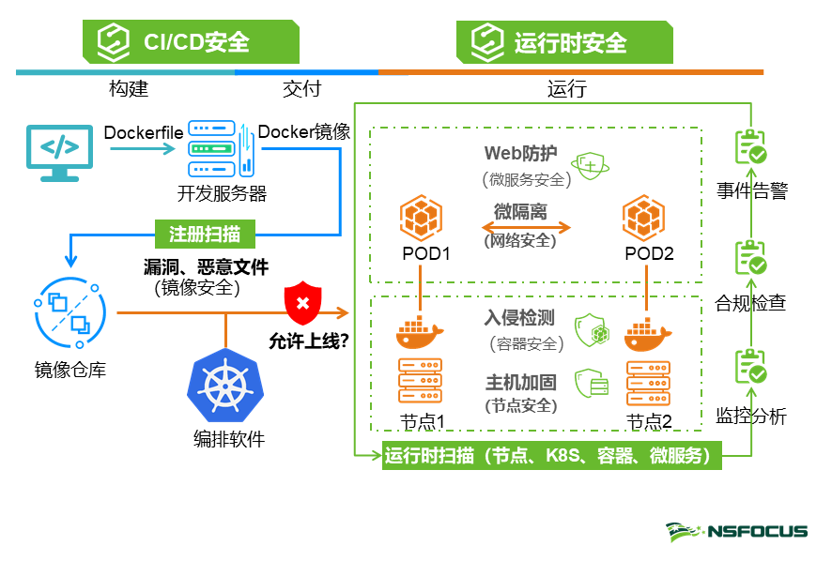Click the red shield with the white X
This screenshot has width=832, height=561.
pos(302,302)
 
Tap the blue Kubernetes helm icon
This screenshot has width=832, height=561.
pos(226,388)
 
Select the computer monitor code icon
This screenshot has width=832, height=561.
pos(60,150)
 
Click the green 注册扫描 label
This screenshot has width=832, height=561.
pos(204,231)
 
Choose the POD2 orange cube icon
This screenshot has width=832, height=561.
pos(643,219)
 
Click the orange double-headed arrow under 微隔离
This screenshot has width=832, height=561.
pos(526,226)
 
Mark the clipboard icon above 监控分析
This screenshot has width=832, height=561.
pos(750,368)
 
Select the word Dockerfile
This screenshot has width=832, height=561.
pos(143,132)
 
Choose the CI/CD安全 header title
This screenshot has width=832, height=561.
pos(196,42)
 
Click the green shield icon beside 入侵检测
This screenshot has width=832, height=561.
pos(589,329)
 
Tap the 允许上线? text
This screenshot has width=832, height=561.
pos(309,341)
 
